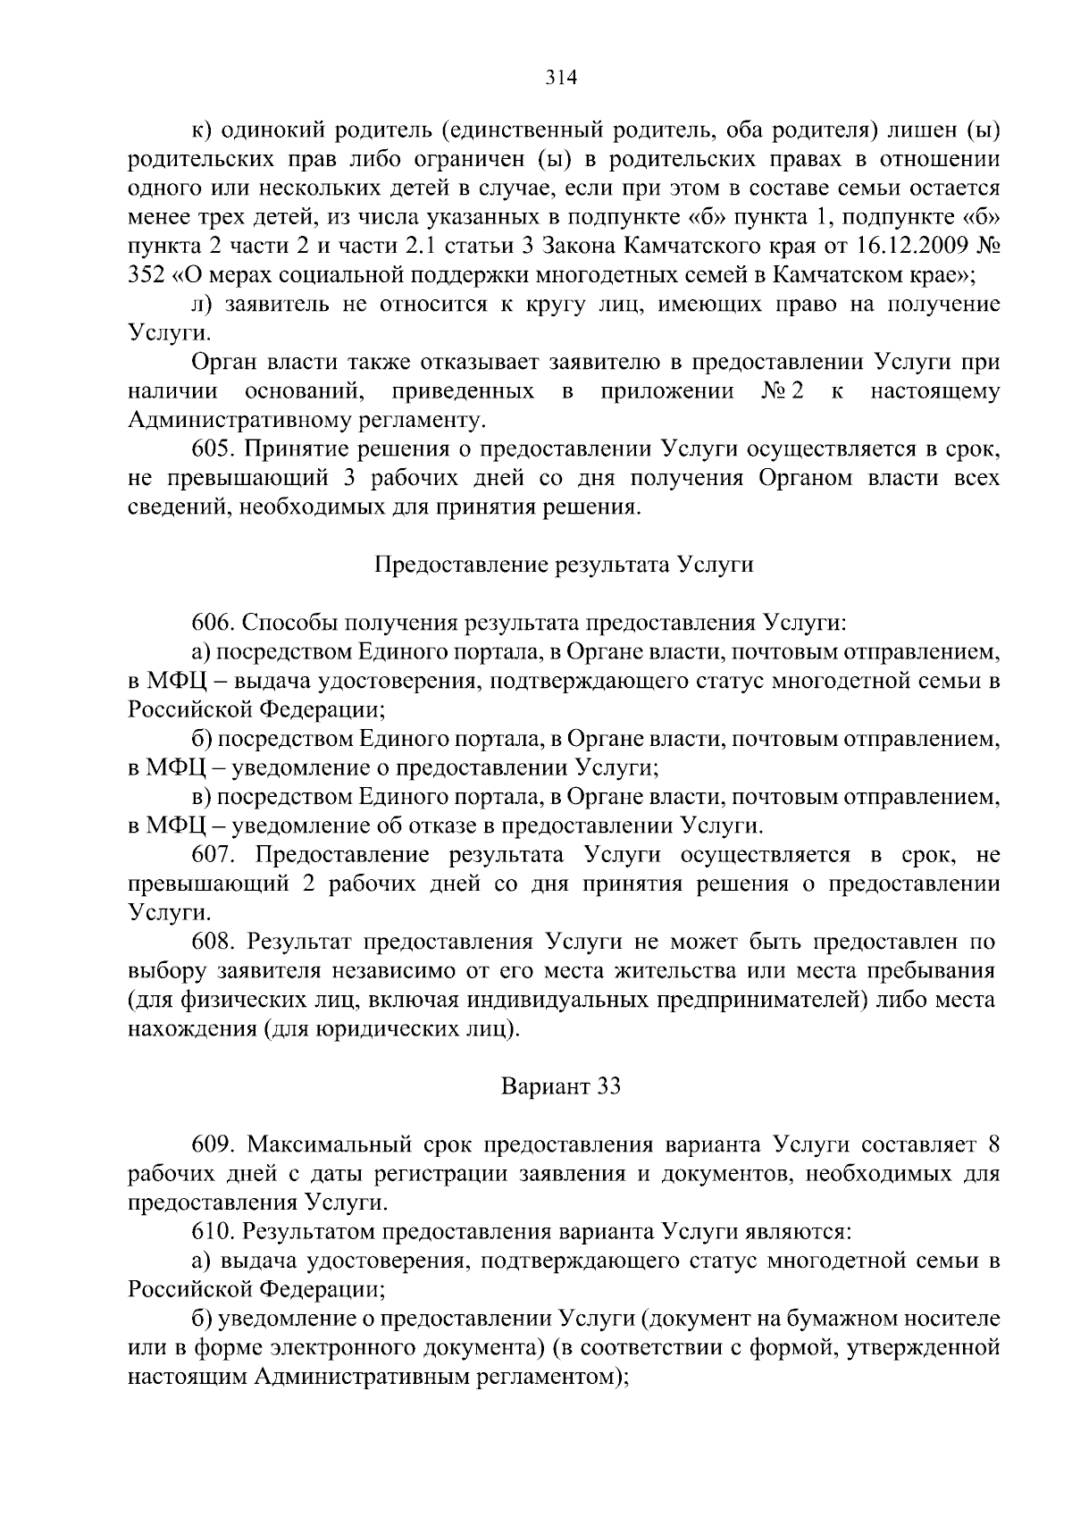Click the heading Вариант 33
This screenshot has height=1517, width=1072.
560,1087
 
